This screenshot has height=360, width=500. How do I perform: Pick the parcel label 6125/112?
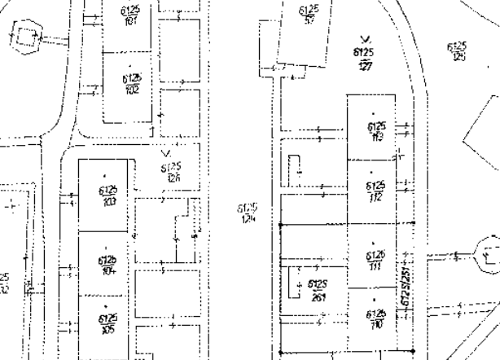[376, 191]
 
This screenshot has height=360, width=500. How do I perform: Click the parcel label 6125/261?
[318, 290]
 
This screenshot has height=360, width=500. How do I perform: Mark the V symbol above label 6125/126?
[166, 152]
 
